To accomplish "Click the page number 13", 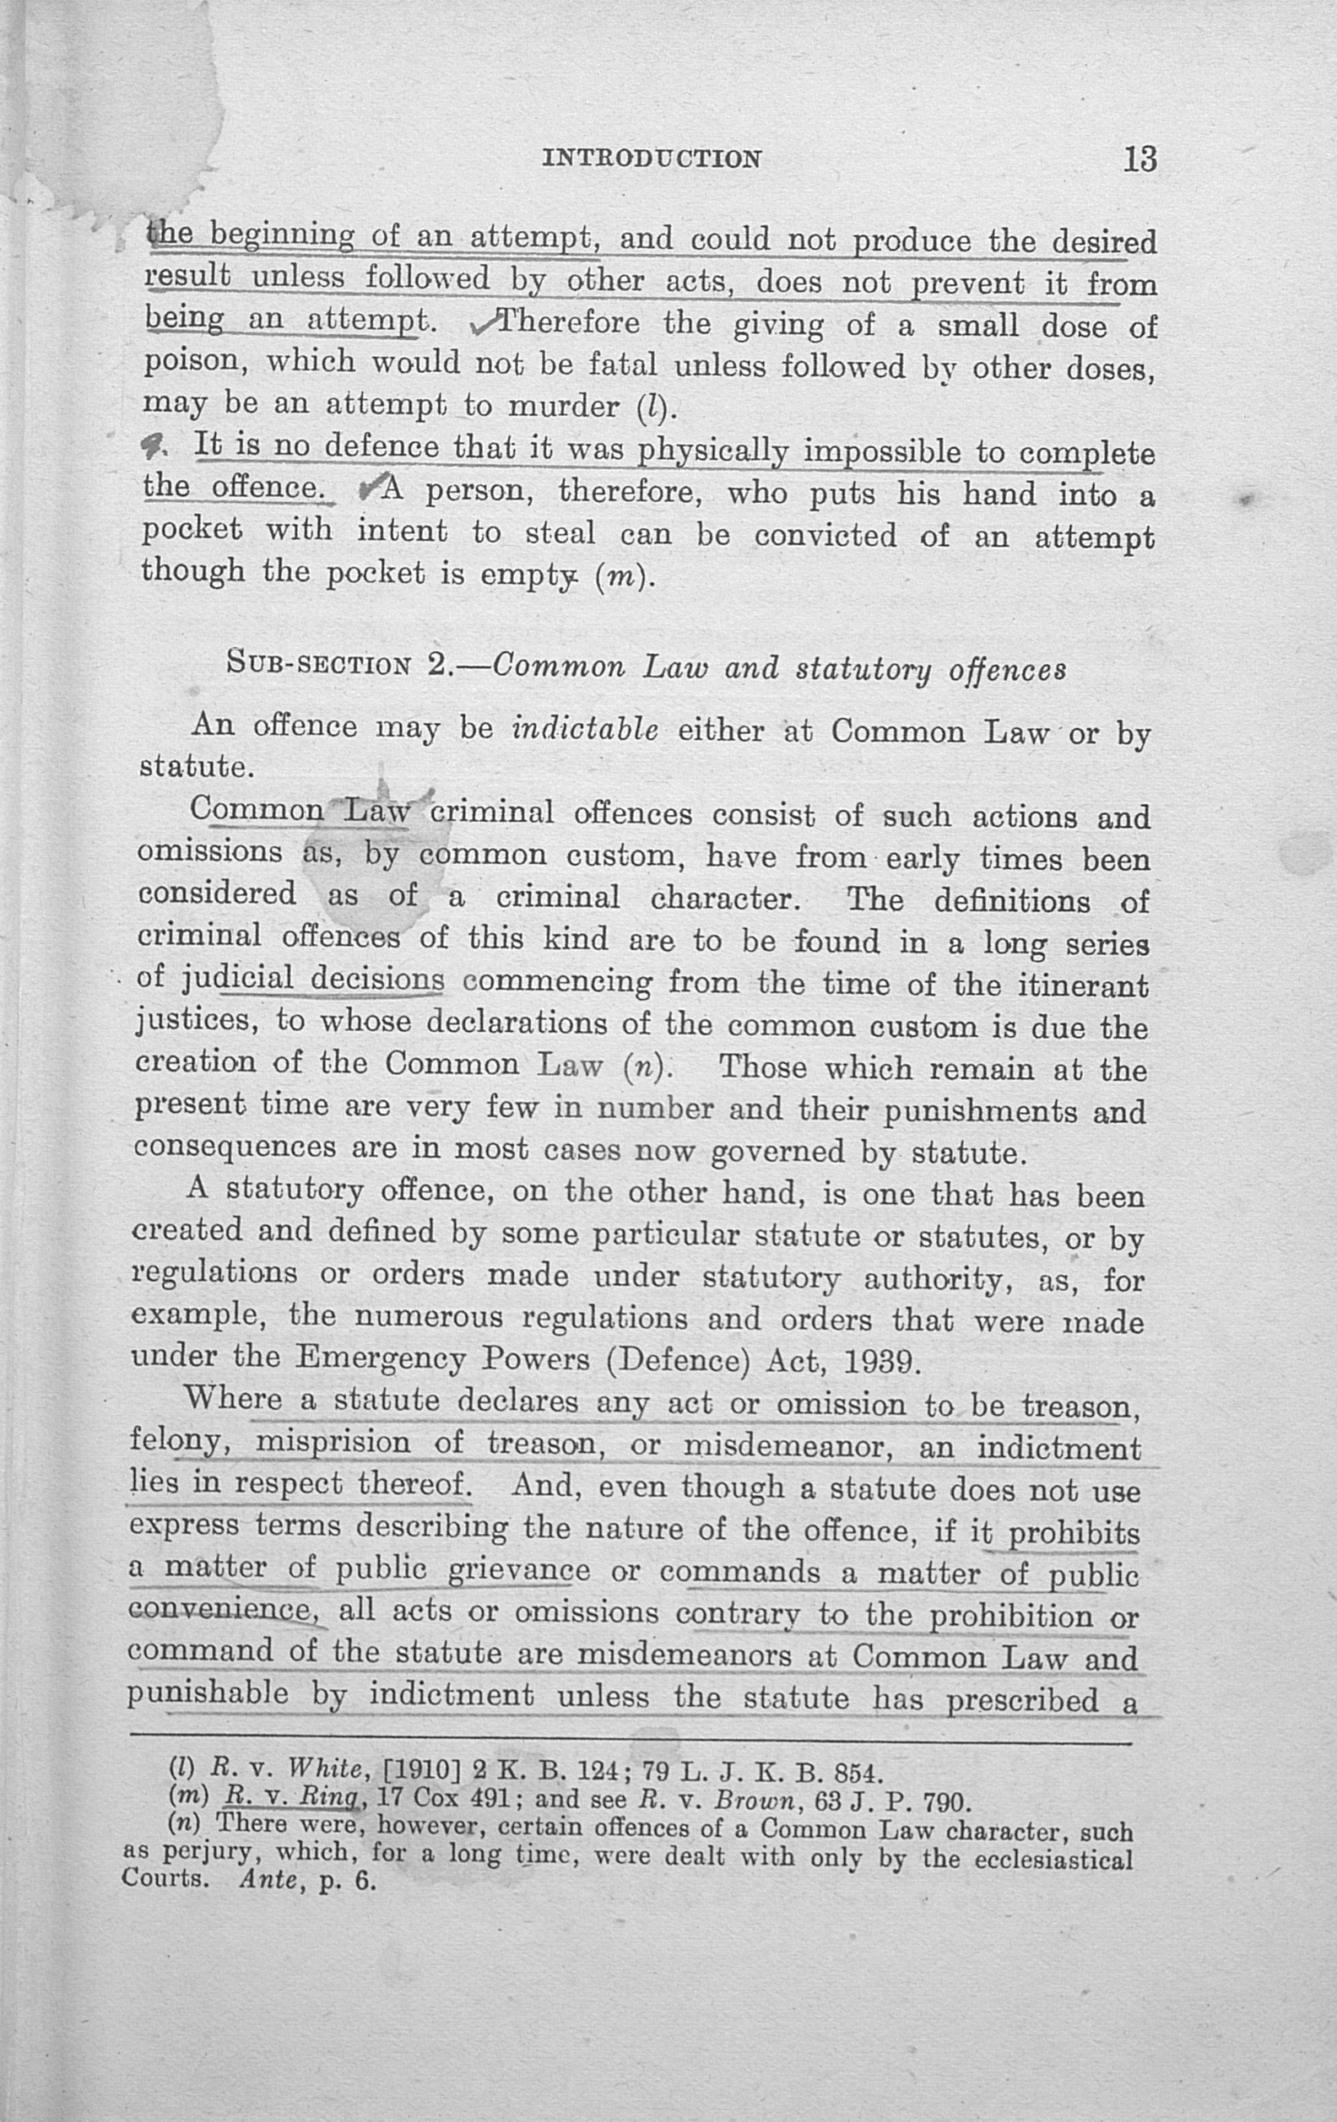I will coord(1139,159).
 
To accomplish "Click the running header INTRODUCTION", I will coord(652,159).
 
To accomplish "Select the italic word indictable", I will coord(585,730).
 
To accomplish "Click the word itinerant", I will coord(1083,985).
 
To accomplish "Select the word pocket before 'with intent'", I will coord(192,531).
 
